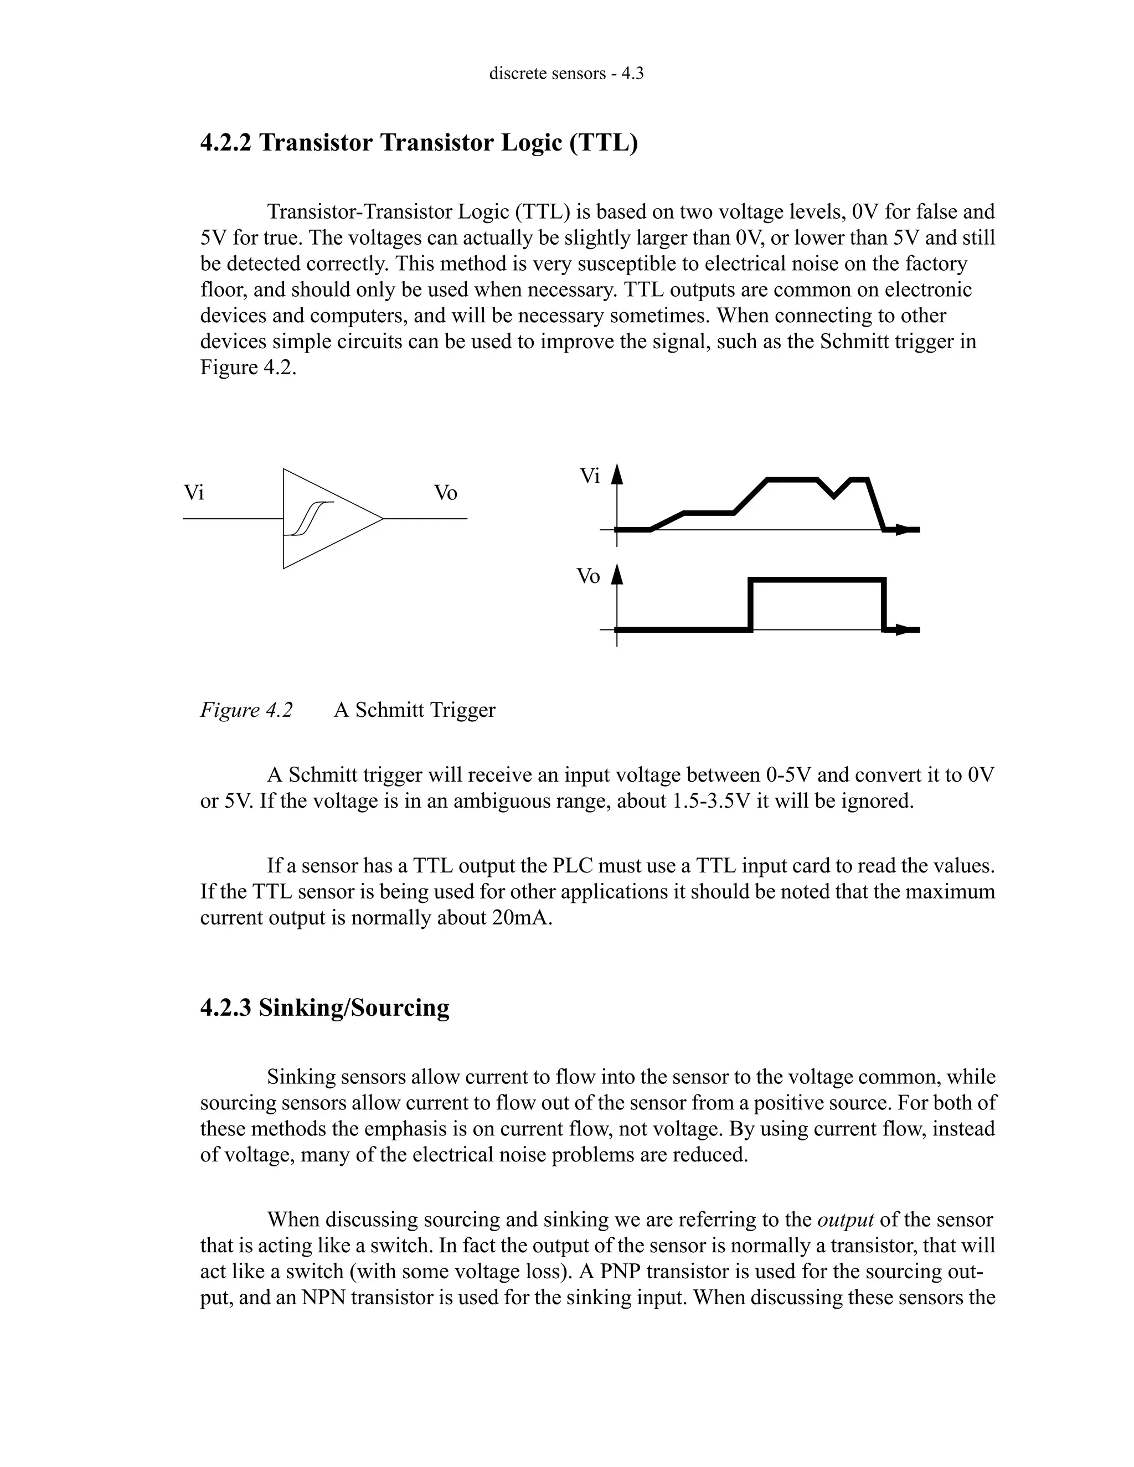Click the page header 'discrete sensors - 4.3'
566,73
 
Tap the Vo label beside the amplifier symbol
445,493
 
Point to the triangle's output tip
382,519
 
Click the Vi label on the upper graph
589,476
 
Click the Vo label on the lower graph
589,576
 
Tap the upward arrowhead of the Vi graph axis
617,474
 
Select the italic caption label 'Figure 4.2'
246,710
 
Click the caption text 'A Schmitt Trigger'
415,710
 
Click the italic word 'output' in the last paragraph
844,1219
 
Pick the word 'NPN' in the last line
324,1297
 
